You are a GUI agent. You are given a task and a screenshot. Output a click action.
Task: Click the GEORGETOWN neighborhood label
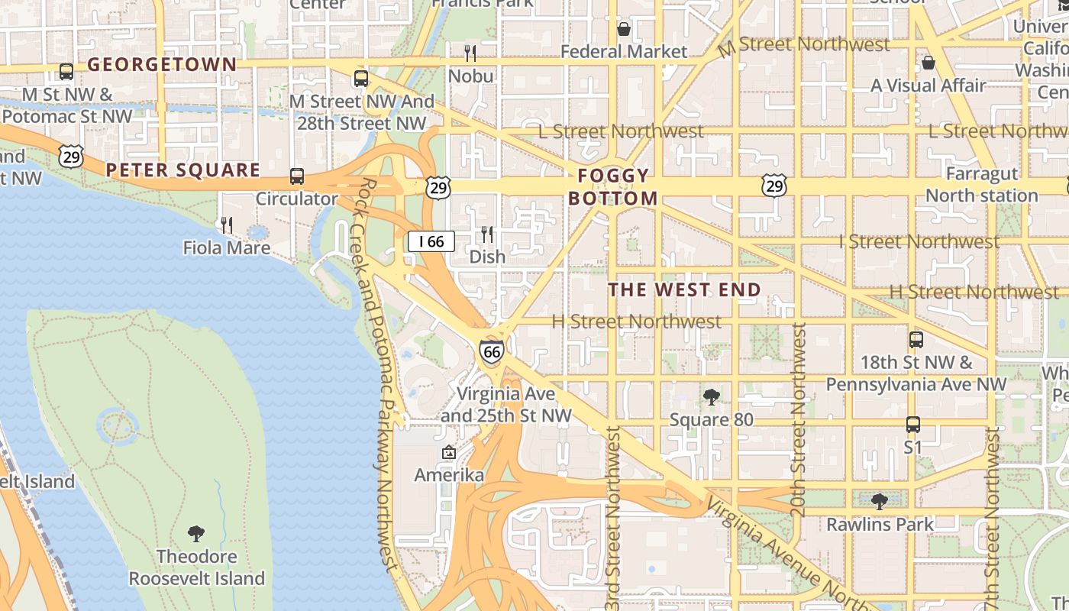tap(162, 64)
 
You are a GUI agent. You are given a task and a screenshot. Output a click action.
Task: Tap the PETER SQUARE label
tap(183, 170)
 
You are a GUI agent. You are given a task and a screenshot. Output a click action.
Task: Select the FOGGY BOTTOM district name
tap(612, 187)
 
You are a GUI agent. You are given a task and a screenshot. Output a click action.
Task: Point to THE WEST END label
tap(685, 289)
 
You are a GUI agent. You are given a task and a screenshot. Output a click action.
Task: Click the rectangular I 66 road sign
tap(431, 241)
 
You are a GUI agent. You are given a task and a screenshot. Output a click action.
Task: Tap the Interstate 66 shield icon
tap(492, 351)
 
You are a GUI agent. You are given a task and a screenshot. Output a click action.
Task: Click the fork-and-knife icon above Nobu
tap(470, 53)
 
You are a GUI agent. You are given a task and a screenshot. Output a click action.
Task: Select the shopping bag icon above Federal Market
tap(624, 29)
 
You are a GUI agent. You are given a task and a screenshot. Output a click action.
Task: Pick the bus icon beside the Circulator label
tap(297, 176)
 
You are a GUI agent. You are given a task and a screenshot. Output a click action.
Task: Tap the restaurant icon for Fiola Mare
tap(226, 225)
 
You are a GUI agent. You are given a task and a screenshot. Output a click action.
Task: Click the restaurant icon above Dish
tap(486, 234)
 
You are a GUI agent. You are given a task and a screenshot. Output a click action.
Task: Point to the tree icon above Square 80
tap(711, 396)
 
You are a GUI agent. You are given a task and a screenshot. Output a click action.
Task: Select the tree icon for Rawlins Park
tap(880, 501)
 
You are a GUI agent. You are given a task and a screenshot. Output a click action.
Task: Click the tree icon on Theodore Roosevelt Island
tap(196, 532)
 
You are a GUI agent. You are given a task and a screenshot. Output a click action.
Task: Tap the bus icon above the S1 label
tap(912, 424)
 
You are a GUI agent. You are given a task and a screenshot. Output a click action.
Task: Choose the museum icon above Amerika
tap(448, 452)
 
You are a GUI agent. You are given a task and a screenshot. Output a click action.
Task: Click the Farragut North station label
tap(981, 185)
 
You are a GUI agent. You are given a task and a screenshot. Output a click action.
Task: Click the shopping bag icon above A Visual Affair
tap(929, 62)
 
